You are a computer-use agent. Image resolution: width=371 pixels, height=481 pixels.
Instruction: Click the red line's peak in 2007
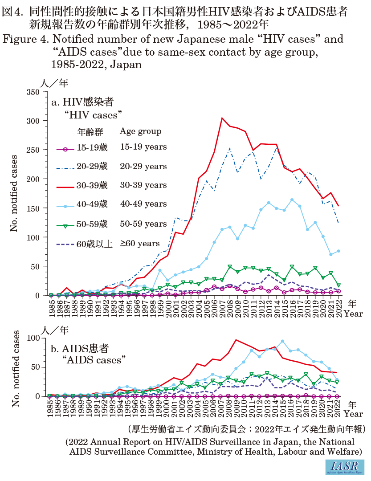[222, 118]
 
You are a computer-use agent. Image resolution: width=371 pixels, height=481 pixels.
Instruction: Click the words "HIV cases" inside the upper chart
[93, 114]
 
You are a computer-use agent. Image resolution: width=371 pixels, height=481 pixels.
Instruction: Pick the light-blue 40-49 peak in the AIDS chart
[282, 342]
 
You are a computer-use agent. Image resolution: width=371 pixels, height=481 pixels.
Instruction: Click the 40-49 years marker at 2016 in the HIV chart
[292, 200]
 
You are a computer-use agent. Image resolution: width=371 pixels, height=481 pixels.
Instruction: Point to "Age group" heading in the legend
[141, 131]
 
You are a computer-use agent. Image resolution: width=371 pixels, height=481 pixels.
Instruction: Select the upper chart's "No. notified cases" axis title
[14, 193]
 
